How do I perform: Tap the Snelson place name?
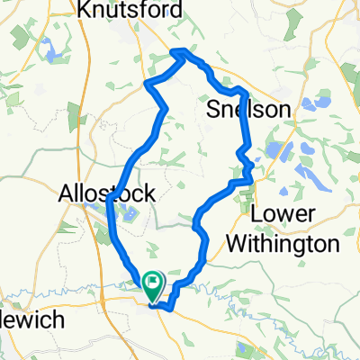pos(249,109)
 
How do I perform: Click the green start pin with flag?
pos(152,286)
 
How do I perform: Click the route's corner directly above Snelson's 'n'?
pos(244,92)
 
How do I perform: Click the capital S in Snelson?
pos(214,109)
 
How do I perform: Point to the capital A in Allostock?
pos(67,193)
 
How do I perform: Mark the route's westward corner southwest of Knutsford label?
pos(146,85)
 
